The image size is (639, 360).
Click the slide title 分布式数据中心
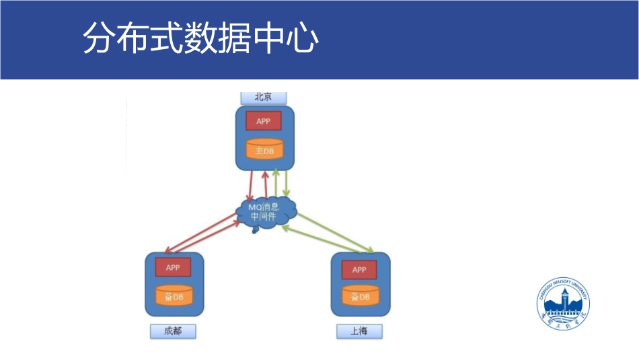click(200, 39)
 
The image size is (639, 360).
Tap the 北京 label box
click(263, 97)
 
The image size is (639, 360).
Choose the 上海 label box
click(359, 331)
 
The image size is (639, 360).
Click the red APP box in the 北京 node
click(263, 122)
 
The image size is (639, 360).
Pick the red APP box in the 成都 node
click(173, 267)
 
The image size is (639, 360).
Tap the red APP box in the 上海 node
click(359, 269)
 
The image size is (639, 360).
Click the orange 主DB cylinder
click(264, 149)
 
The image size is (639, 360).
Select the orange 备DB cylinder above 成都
click(174, 296)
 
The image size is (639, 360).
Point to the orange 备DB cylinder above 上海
click(360, 296)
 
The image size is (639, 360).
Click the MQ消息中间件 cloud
click(266, 212)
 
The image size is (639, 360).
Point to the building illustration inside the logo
click(566, 304)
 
